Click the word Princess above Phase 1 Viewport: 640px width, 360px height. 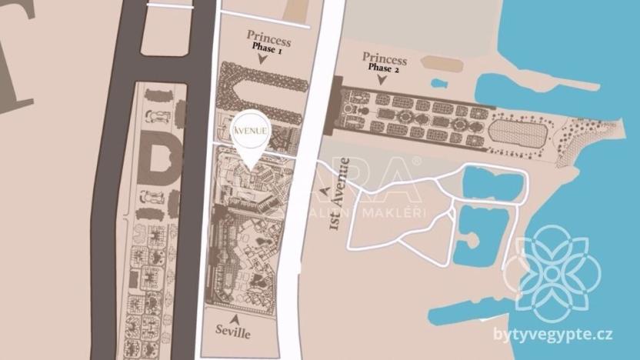coord(268,35)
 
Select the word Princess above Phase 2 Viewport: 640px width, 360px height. coord(385,58)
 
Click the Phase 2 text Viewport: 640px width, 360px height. coord(385,68)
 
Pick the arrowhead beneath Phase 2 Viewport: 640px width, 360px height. coord(385,79)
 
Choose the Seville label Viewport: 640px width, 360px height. coord(234,333)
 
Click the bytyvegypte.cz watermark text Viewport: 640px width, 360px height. coord(553,334)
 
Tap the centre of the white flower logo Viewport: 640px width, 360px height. coord(552,267)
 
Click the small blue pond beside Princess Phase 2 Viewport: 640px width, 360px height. coord(439,83)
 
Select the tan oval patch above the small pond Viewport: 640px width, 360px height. coord(442,64)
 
